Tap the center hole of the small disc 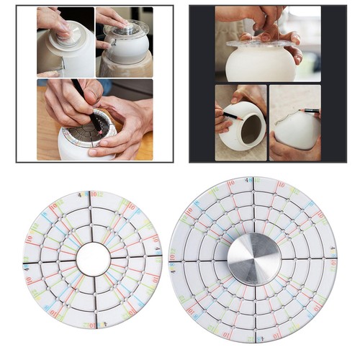tap(93, 258)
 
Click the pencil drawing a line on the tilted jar tap(225, 114)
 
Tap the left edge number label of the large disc tap(173, 257)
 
